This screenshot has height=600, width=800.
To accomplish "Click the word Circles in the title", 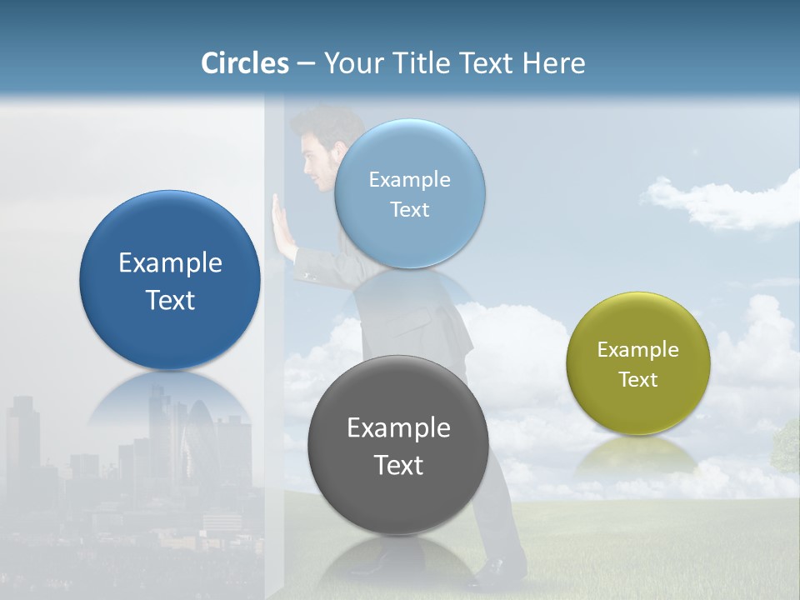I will click(244, 63).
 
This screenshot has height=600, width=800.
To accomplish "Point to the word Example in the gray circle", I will click(397, 428).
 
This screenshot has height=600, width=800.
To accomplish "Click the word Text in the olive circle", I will click(637, 380).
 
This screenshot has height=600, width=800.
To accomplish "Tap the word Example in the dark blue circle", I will click(170, 263).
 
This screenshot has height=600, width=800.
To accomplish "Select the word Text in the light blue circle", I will click(409, 210).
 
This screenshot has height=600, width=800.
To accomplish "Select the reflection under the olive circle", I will click(637, 454).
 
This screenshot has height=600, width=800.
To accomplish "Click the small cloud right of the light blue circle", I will click(717, 202).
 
